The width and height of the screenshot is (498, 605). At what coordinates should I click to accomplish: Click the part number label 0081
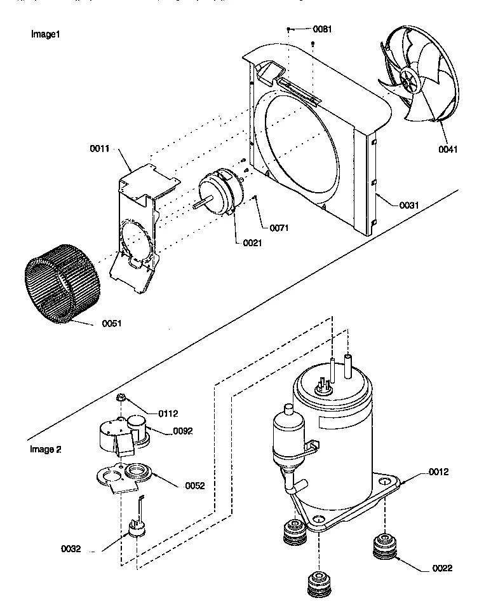[x=323, y=29]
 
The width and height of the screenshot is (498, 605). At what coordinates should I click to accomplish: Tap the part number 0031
[x=409, y=205]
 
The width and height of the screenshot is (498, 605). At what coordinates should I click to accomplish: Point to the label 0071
[x=279, y=227]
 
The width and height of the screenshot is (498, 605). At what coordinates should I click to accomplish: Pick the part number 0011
[x=100, y=148]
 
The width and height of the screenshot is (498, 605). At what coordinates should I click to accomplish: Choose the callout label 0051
[x=111, y=323]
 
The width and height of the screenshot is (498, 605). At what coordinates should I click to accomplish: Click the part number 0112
[x=168, y=414]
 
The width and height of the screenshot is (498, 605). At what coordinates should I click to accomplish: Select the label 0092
[x=182, y=431]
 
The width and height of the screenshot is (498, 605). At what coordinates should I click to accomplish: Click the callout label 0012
[x=438, y=471]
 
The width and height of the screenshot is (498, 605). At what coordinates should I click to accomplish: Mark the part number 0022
[x=442, y=567]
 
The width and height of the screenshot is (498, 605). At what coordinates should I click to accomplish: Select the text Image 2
[x=46, y=449]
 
